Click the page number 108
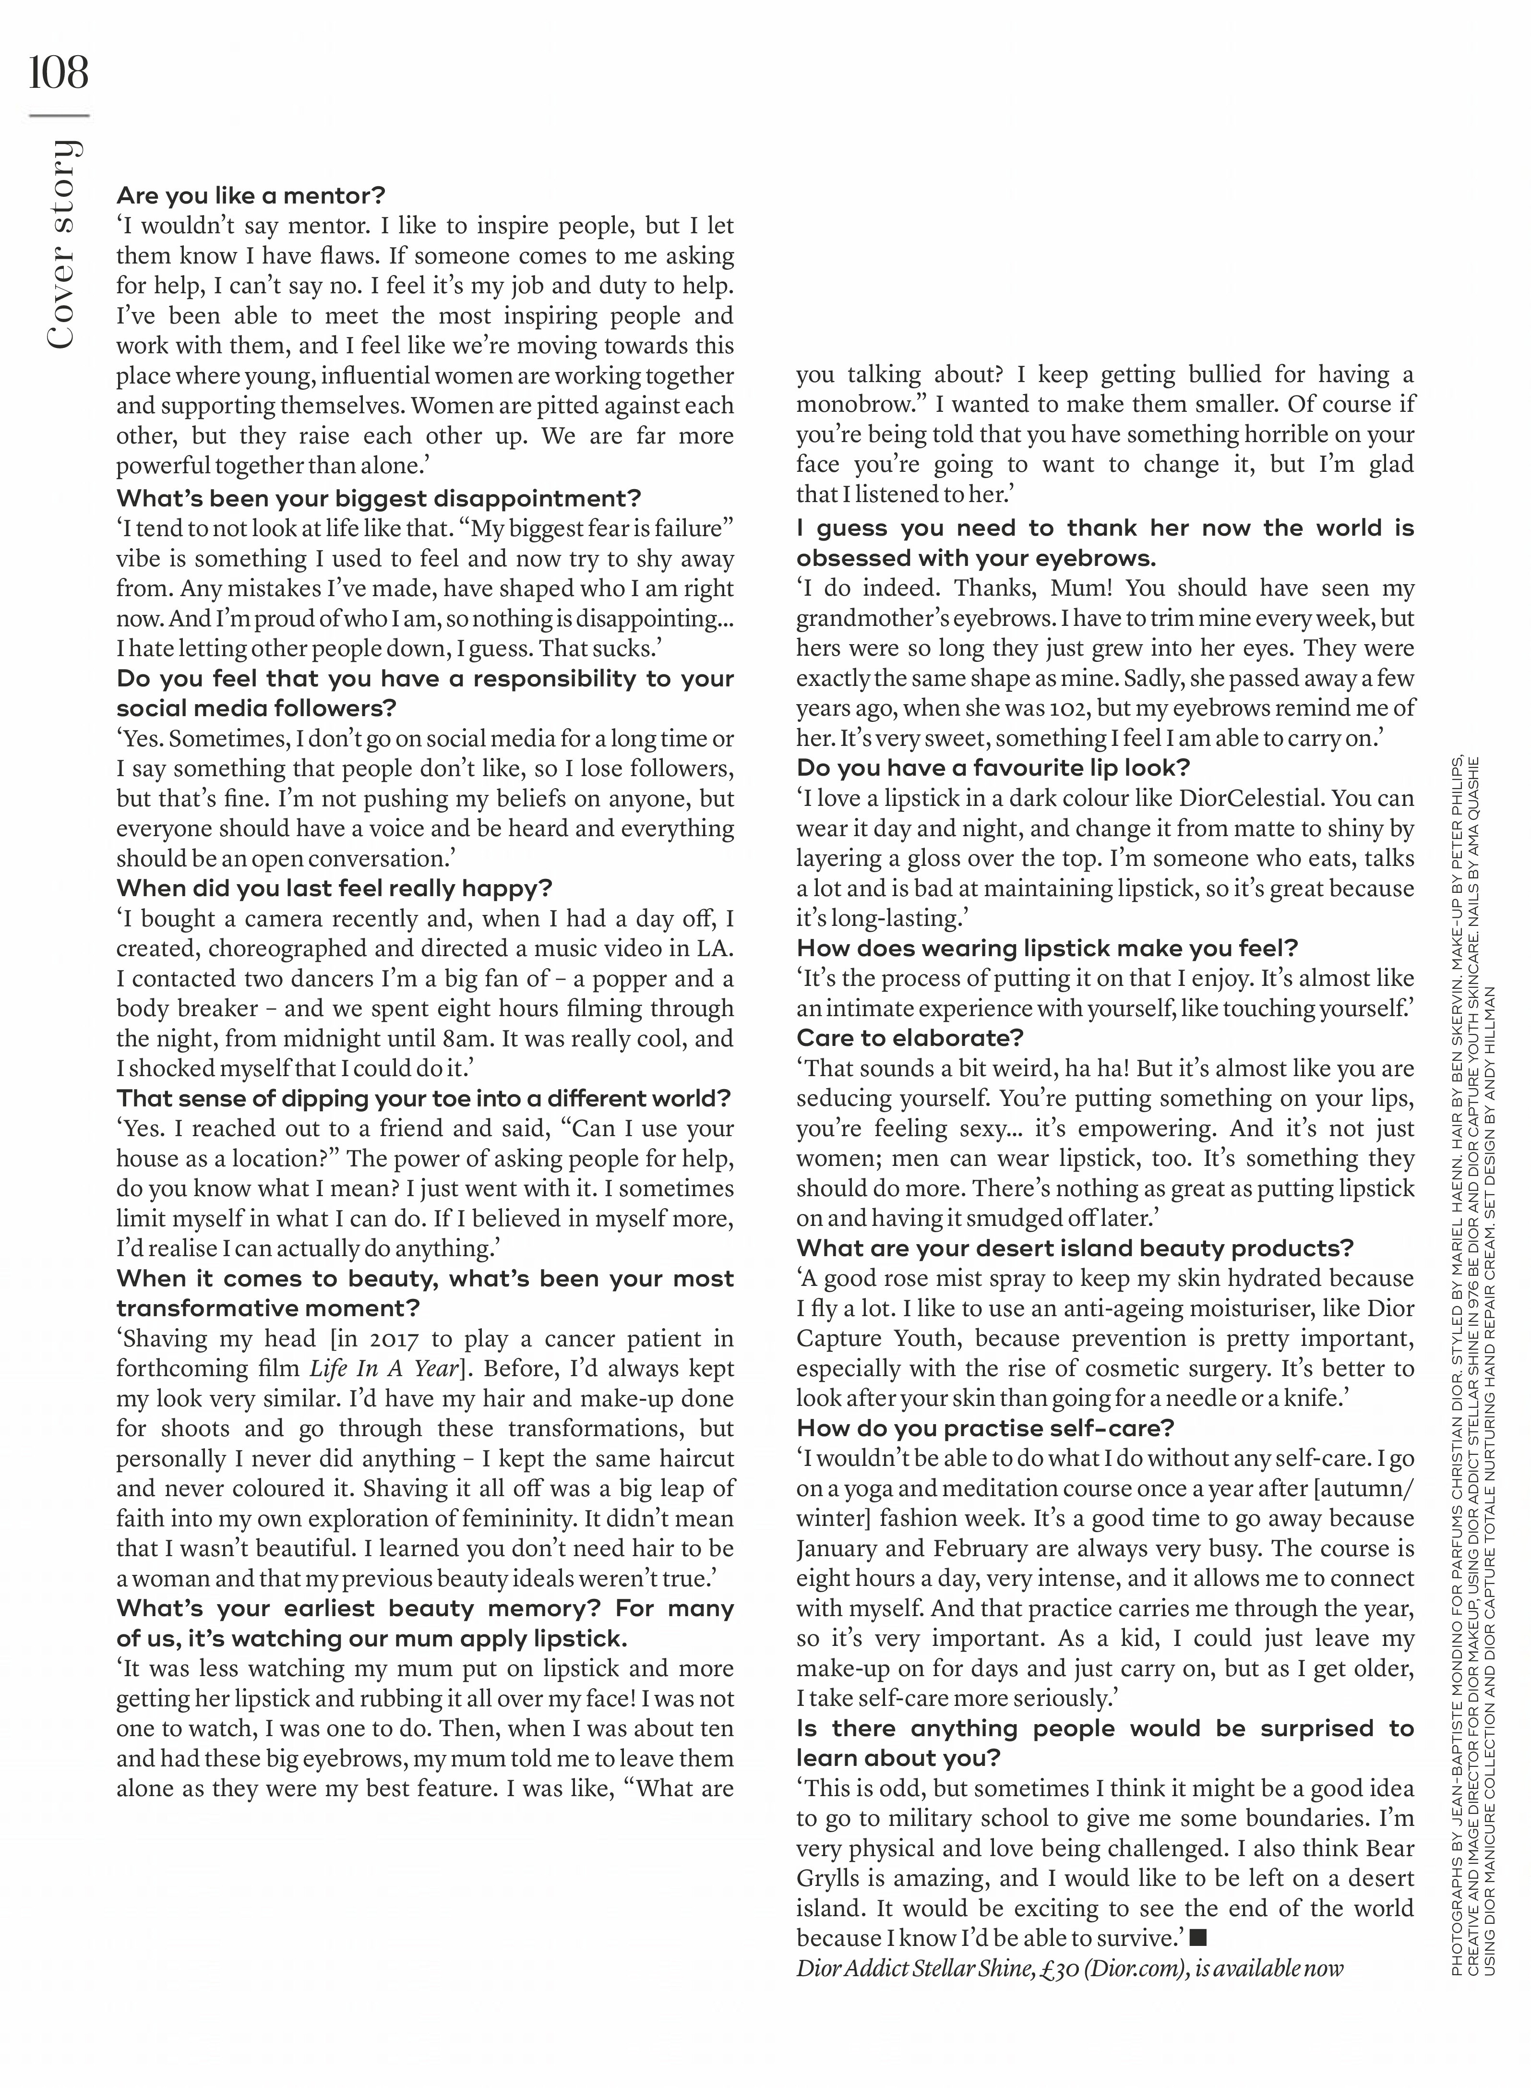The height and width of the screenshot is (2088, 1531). tap(59, 72)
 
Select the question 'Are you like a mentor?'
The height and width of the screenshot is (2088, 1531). tap(250, 195)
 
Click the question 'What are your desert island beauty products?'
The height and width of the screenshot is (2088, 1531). tap(1074, 1248)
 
